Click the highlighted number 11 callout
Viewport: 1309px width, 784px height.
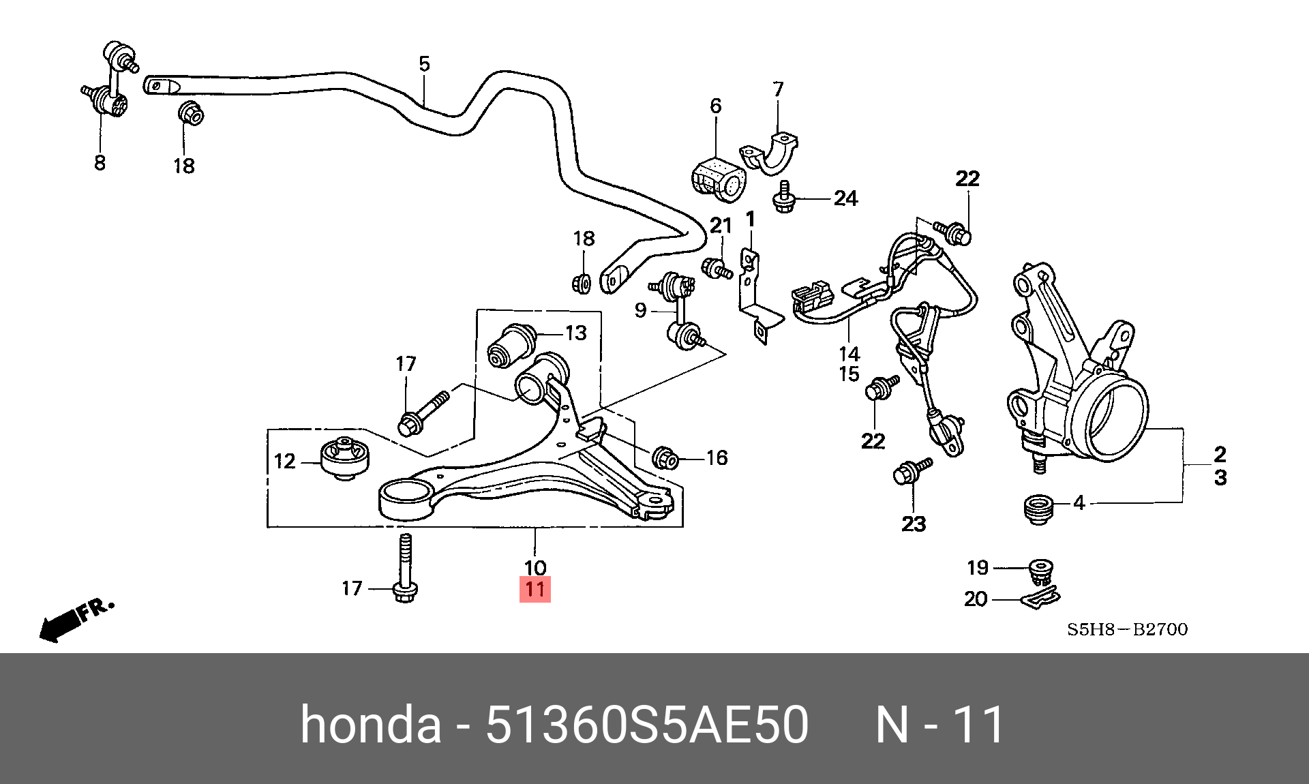point(535,589)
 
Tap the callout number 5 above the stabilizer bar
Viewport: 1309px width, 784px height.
point(424,64)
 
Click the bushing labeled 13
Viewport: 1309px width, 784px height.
point(513,345)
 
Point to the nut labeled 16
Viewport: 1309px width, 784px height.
point(665,458)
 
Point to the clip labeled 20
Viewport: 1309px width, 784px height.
point(1040,599)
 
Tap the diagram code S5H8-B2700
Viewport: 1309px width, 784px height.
point(1127,629)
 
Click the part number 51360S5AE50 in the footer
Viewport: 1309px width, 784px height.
point(646,725)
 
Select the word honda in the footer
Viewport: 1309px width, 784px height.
point(371,725)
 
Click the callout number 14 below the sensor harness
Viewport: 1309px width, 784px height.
point(849,354)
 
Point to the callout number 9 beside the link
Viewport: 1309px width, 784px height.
point(640,311)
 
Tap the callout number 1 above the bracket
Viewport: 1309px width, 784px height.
point(751,220)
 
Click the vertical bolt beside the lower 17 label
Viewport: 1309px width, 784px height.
point(404,569)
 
